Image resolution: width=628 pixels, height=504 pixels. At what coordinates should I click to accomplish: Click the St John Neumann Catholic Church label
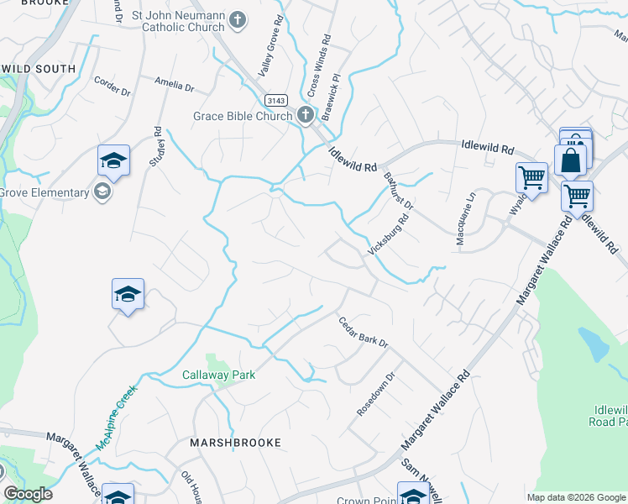(x=180, y=25)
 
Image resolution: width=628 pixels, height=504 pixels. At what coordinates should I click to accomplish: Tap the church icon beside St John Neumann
(x=239, y=18)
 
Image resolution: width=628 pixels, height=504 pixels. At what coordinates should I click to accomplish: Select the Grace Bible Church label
(x=243, y=116)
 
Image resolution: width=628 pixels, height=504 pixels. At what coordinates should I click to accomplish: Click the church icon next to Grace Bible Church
(x=306, y=116)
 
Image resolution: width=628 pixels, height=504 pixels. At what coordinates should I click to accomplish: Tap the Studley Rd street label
(x=156, y=146)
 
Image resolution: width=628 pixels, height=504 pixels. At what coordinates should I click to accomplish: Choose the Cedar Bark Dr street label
(x=363, y=332)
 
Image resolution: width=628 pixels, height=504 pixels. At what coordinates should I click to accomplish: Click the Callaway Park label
(x=219, y=375)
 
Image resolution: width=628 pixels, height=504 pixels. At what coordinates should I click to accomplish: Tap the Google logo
(x=28, y=494)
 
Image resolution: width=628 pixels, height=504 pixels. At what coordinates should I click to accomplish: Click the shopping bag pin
(x=570, y=159)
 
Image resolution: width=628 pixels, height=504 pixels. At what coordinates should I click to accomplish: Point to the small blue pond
(x=593, y=344)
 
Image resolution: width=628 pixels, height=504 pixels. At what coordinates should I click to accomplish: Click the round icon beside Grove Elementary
(x=103, y=192)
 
